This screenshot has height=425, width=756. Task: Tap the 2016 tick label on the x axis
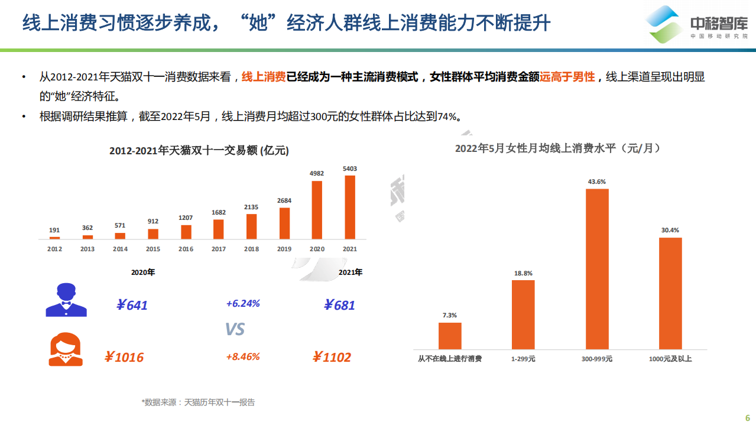point(186,249)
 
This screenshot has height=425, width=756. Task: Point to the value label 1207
point(186,218)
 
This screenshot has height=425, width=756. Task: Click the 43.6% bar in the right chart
point(597,269)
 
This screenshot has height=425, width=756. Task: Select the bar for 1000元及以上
point(670,293)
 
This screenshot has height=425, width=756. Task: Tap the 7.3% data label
point(449,315)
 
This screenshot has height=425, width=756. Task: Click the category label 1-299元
point(523,359)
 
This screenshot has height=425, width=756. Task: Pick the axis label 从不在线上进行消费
point(449,359)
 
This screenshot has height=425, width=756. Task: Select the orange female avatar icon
point(66,349)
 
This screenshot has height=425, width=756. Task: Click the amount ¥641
point(131,305)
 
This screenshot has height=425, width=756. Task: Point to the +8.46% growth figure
point(242,356)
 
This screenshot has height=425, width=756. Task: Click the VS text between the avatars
point(235,329)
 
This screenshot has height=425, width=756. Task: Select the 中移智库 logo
point(697,25)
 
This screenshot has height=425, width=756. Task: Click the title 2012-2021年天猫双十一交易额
point(199,151)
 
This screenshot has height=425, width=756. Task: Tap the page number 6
point(747,415)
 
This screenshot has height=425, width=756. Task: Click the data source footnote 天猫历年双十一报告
point(199,402)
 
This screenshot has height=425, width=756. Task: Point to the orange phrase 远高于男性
point(566,77)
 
